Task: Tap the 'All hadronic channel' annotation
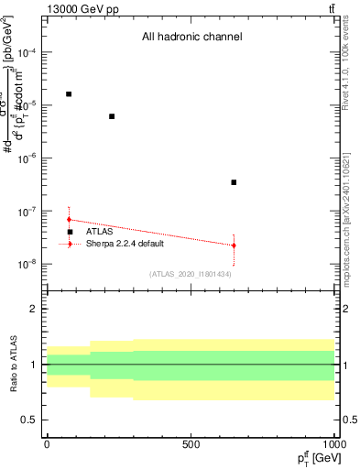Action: (x=191, y=38)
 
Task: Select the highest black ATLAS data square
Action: (x=69, y=94)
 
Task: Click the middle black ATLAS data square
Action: (x=112, y=116)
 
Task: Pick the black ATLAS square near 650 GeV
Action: (x=234, y=182)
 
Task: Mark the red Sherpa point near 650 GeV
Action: (x=234, y=245)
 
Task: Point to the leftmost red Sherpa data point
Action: (x=69, y=220)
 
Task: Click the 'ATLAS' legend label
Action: (x=99, y=232)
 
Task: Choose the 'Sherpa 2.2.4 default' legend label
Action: (x=125, y=244)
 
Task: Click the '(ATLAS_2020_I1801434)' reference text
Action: (x=190, y=274)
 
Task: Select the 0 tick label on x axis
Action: (x=47, y=443)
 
